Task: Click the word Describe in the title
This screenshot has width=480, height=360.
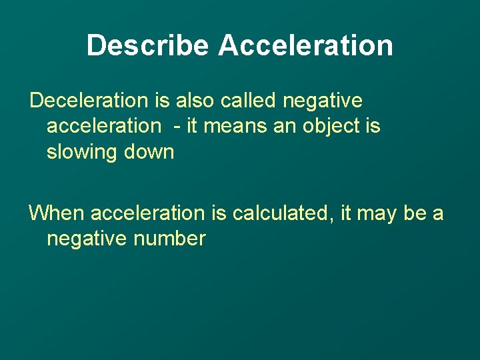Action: coord(147,45)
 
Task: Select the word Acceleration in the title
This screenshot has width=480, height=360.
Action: coord(305,45)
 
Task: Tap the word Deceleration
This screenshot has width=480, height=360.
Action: coord(89,101)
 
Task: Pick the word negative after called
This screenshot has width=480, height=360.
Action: coord(323,101)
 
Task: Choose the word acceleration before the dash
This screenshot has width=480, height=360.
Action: coord(103,126)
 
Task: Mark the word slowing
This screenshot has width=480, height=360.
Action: coord(79,152)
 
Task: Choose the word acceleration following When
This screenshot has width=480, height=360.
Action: coord(148,213)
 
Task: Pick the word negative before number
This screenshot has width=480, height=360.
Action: coord(87,239)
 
